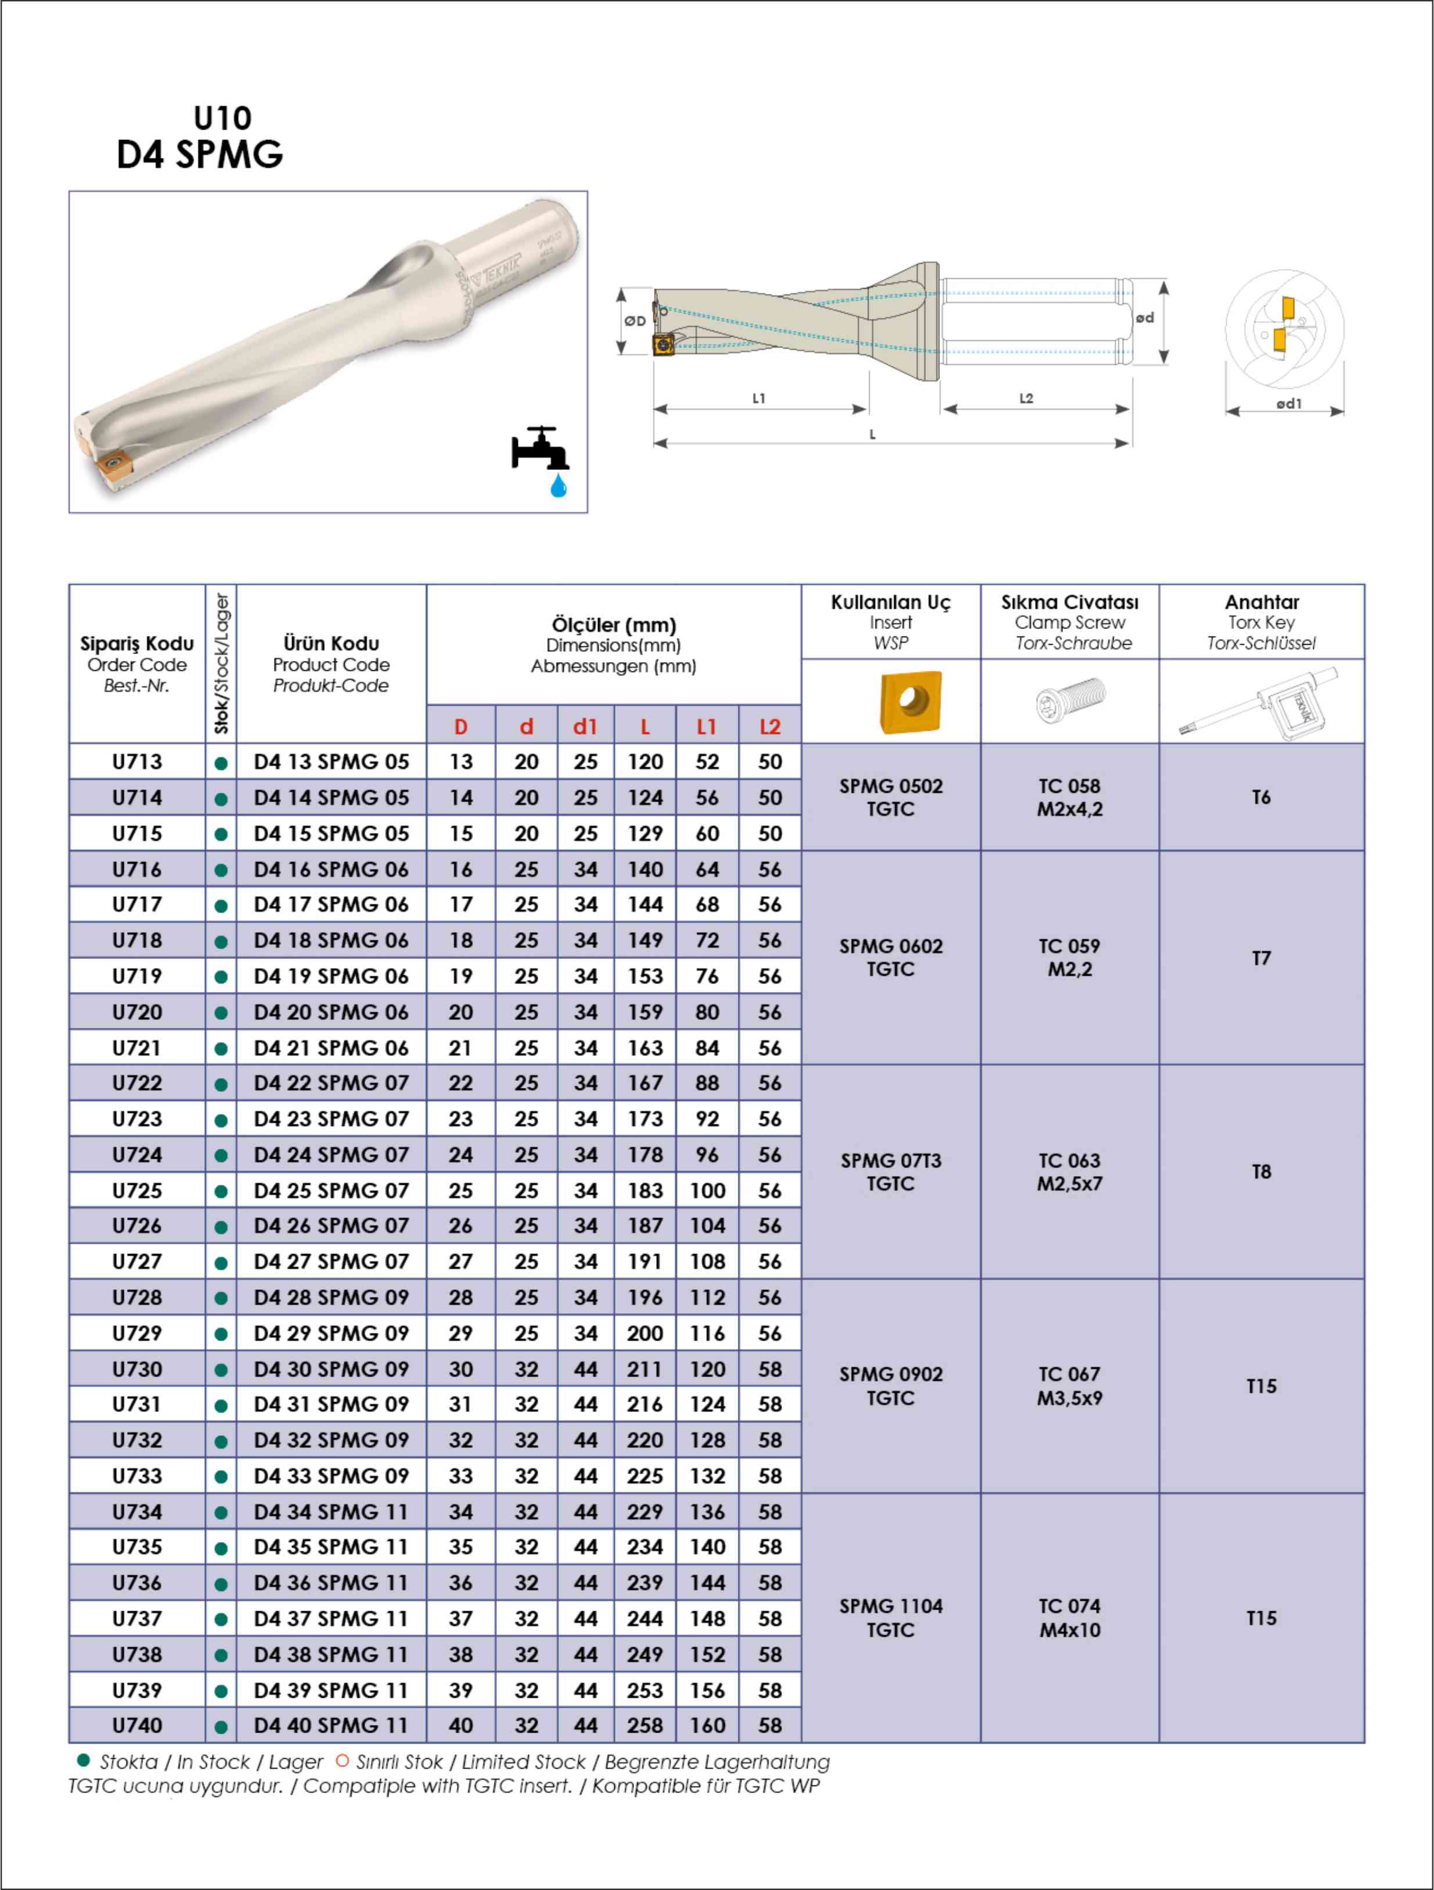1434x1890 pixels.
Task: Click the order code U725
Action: coord(136,1190)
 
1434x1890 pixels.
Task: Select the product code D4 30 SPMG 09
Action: coord(332,1369)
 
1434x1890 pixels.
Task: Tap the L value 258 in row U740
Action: coord(645,1725)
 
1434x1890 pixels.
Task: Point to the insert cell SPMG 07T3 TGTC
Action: coord(891,1172)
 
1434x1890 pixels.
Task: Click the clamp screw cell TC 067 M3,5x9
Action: coord(1069,1386)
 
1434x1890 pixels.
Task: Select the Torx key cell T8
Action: coord(1260,1172)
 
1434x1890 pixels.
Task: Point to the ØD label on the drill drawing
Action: coord(635,321)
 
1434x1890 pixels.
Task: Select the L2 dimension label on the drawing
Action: coord(1026,398)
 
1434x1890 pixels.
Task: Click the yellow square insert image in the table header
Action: coord(910,702)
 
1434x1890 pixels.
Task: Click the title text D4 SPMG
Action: coord(200,154)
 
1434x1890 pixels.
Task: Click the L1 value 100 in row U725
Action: coord(707,1190)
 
